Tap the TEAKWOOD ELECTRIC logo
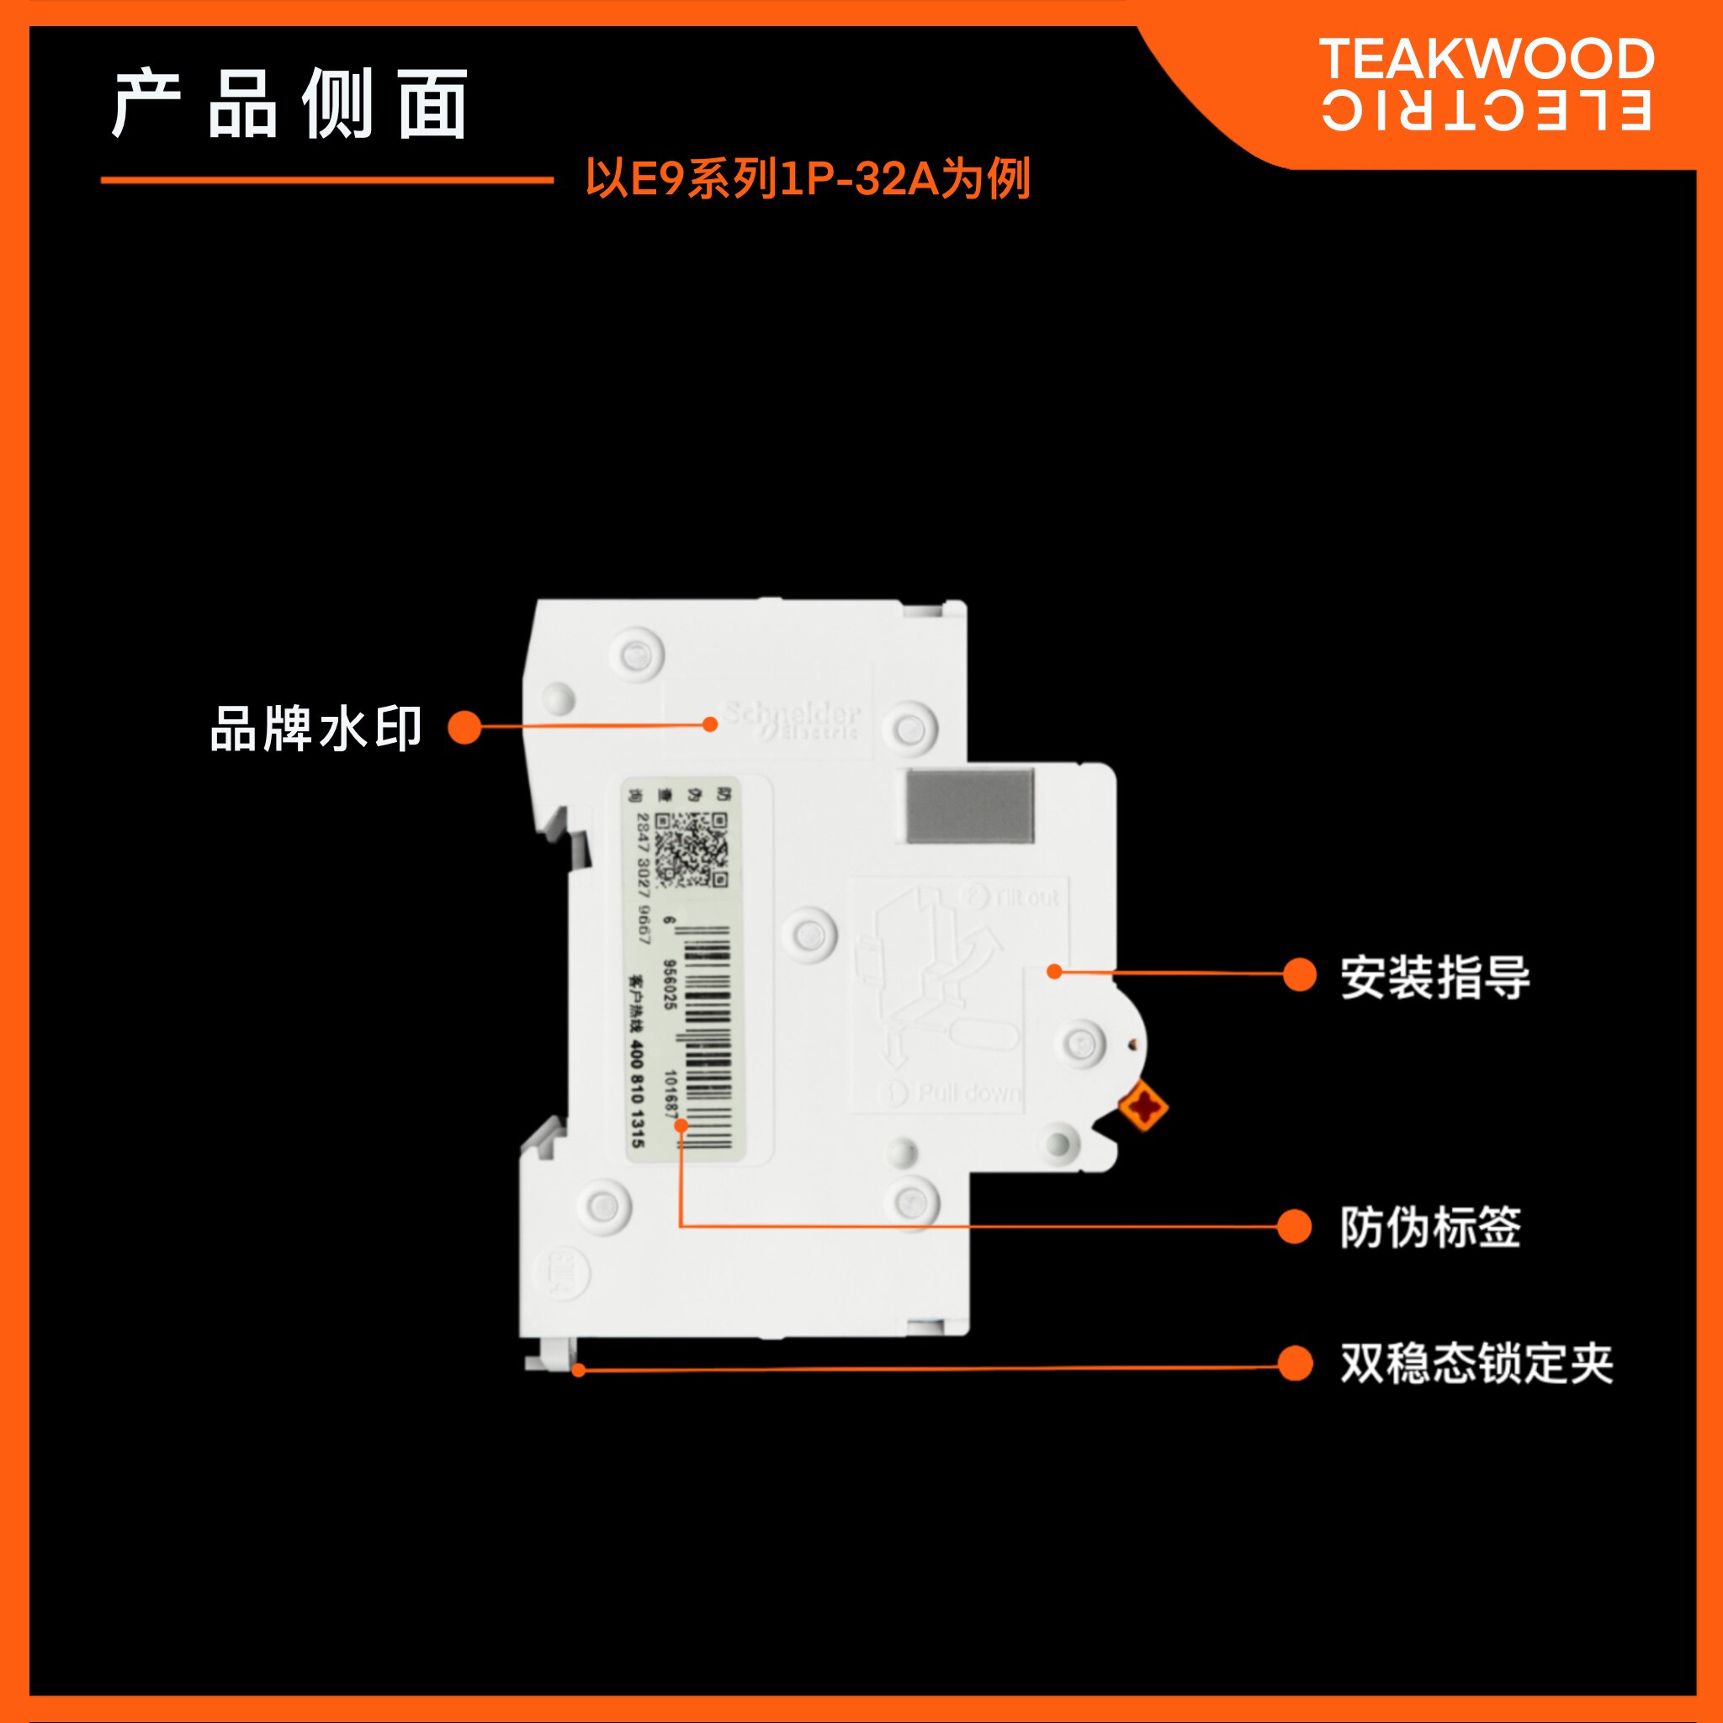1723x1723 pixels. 1485,85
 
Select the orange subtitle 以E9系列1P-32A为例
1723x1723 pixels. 807,178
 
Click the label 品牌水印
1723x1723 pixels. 315,729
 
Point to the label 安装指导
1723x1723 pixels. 1435,977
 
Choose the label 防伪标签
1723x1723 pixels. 1429,1227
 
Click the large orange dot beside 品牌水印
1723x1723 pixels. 464,727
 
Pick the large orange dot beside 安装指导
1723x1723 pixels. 1299,975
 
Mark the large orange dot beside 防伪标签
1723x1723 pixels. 1294,1227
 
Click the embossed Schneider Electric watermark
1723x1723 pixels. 791,719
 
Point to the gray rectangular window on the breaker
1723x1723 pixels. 969,806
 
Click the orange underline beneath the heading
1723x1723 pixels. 327,180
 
